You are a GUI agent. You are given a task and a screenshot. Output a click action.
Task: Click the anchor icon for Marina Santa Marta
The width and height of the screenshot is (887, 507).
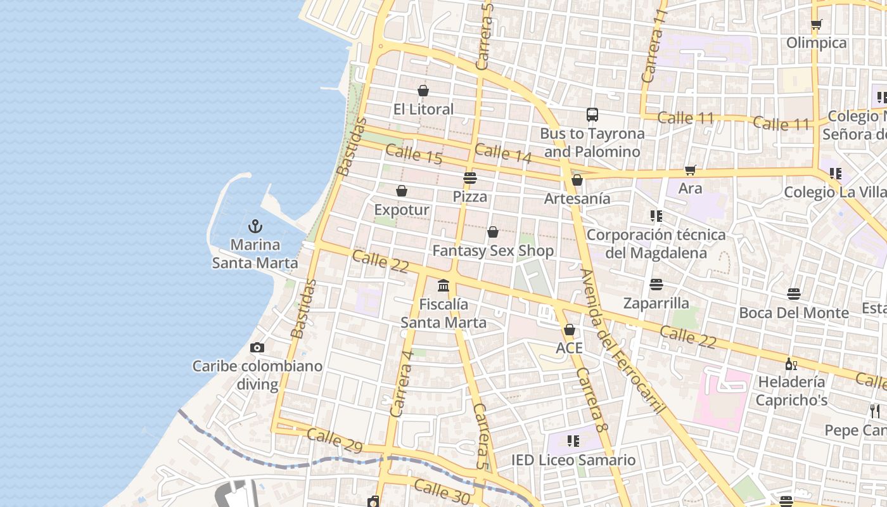point(255,226)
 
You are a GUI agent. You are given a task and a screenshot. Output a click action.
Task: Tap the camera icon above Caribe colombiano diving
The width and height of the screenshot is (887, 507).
point(257,347)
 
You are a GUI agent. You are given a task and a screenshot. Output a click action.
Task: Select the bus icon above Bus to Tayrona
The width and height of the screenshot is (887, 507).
point(592,115)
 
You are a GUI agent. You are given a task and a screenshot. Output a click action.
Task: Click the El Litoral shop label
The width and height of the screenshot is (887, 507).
point(423,109)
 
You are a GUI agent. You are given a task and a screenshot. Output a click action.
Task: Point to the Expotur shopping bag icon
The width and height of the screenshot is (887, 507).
point(402,191)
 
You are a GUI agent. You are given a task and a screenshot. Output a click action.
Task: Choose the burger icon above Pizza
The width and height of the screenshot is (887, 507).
point(469,178)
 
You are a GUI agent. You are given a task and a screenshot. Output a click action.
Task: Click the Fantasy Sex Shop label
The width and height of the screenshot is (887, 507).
point(493,250)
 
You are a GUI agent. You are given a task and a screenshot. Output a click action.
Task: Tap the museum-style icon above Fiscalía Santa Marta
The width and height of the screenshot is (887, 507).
point(443,285)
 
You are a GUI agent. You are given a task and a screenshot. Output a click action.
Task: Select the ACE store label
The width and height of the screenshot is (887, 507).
point(569,348)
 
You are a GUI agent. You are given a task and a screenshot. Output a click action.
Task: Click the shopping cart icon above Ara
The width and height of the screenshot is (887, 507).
point(690,170)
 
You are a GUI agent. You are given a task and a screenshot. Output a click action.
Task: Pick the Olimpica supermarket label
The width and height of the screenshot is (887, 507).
point(816,42)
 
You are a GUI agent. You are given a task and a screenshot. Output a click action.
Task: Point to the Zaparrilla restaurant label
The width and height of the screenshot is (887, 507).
point(656,302)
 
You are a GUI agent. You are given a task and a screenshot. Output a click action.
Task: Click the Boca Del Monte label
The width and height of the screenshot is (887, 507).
point(794,312)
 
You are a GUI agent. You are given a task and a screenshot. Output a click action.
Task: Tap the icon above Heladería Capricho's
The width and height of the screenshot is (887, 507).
point(791,364)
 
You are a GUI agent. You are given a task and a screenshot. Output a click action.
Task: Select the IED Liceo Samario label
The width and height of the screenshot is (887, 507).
point(573,460)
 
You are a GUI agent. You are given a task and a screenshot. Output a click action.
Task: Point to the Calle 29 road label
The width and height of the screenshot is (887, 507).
point(335,440)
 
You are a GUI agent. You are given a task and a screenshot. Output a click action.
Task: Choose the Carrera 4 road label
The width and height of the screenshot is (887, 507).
point(403,384)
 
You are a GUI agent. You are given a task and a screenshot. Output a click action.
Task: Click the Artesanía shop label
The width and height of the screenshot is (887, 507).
point(577,198)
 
